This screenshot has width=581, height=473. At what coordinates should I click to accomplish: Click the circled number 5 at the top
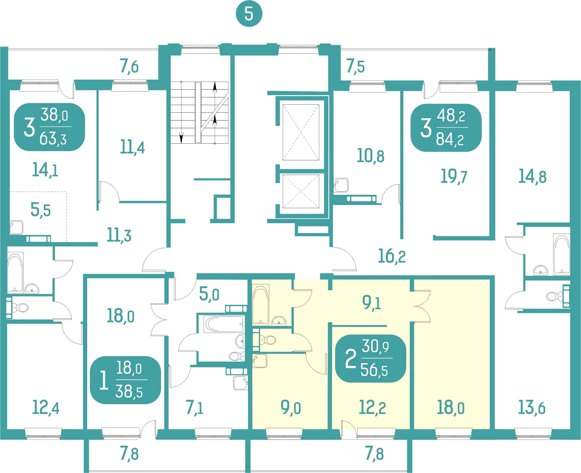(249, 14)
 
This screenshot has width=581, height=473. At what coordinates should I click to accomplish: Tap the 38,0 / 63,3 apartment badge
(50, 127)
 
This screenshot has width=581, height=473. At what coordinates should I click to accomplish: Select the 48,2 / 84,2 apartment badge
(446, 128)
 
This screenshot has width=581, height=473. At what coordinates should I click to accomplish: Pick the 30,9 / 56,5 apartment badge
(371, 358)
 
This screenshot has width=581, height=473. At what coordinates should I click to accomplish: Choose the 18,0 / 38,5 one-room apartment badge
(125, 380)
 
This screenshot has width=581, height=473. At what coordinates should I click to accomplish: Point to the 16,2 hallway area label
(392, 256)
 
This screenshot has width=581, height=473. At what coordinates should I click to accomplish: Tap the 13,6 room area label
(531, 408)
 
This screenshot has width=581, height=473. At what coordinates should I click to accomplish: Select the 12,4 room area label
(46, 408)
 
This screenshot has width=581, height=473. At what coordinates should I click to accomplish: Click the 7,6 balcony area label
(129, 67)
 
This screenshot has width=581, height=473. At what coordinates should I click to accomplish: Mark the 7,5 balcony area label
(355, 67)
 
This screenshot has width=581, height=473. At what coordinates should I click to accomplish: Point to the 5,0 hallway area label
(209, 294)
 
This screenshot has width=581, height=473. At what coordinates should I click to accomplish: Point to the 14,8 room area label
(532, 177)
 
